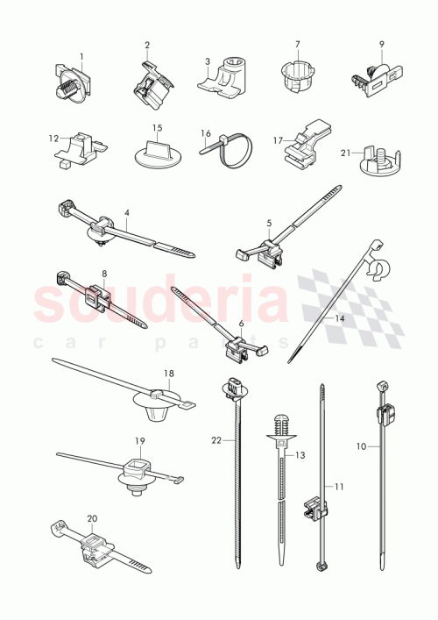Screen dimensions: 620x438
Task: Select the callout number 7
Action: coord(297,45)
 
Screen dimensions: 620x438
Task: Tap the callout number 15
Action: coord(158,128)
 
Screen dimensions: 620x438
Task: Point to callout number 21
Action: coord(345,153)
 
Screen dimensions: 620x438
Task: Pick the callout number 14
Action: coord(338,319)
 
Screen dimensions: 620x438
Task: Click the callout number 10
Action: coord(362,445)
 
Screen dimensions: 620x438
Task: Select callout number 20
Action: coord(91,518)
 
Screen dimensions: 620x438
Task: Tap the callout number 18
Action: coord(168,374)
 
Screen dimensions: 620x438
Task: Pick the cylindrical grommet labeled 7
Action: coord(297,75)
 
